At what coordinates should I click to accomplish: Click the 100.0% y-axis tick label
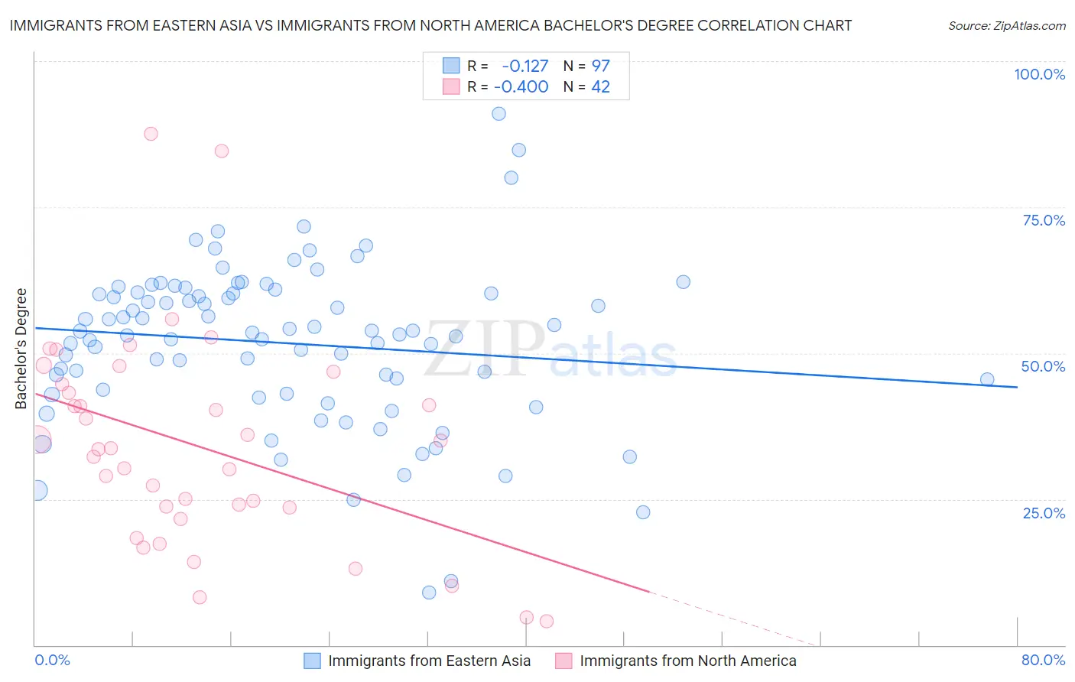coord(1039,74)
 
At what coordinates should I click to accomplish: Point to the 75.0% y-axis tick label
coord(1044,220)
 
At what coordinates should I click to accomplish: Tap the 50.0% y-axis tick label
coord(1043,366)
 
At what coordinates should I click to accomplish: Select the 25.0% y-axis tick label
coord(1044,512)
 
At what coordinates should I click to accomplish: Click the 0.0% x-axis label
coord(53,660)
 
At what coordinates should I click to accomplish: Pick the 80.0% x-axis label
coord(1043,660)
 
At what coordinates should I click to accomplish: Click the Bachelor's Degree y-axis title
coord(21,349)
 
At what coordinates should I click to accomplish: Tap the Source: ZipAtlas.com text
coord(1006,26)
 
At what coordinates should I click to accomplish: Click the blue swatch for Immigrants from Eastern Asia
coord(312,661)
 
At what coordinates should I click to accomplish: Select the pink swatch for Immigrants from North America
coord(563,661)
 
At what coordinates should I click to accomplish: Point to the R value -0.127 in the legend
coord(525,66)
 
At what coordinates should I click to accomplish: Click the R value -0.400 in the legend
coord(521,87)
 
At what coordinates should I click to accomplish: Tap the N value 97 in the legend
coord(601,66)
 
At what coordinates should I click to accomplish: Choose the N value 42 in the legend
coord(601,87)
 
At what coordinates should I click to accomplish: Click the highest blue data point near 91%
coord(499,114)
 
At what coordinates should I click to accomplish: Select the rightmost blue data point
coord(987,379)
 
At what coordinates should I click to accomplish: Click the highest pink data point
coord(151,134)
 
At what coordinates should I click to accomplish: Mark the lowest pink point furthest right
coord(547,622)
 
